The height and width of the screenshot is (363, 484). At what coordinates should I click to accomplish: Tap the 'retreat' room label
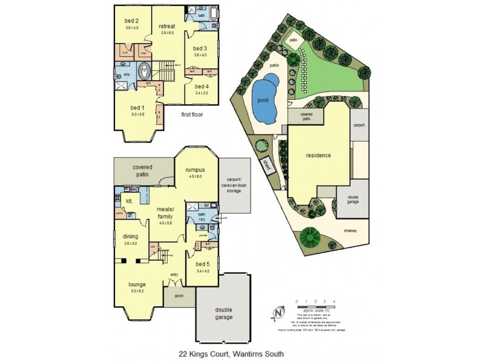pos(167,26)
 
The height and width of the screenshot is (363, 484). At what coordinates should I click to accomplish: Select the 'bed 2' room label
pos(132,21)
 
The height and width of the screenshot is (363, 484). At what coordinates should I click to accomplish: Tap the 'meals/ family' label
pos(165,210)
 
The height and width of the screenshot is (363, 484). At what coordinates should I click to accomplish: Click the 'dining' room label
pos(131,237)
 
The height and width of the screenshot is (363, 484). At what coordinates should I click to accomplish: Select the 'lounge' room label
pos(137,283)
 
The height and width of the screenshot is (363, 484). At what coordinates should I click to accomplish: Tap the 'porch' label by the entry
pos(178,296)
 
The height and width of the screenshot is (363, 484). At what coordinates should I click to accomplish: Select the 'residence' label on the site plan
pos(318,155)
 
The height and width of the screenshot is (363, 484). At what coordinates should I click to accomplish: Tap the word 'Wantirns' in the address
pos(235,354)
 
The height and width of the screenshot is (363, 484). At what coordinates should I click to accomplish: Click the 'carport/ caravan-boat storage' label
pos(234,185)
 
